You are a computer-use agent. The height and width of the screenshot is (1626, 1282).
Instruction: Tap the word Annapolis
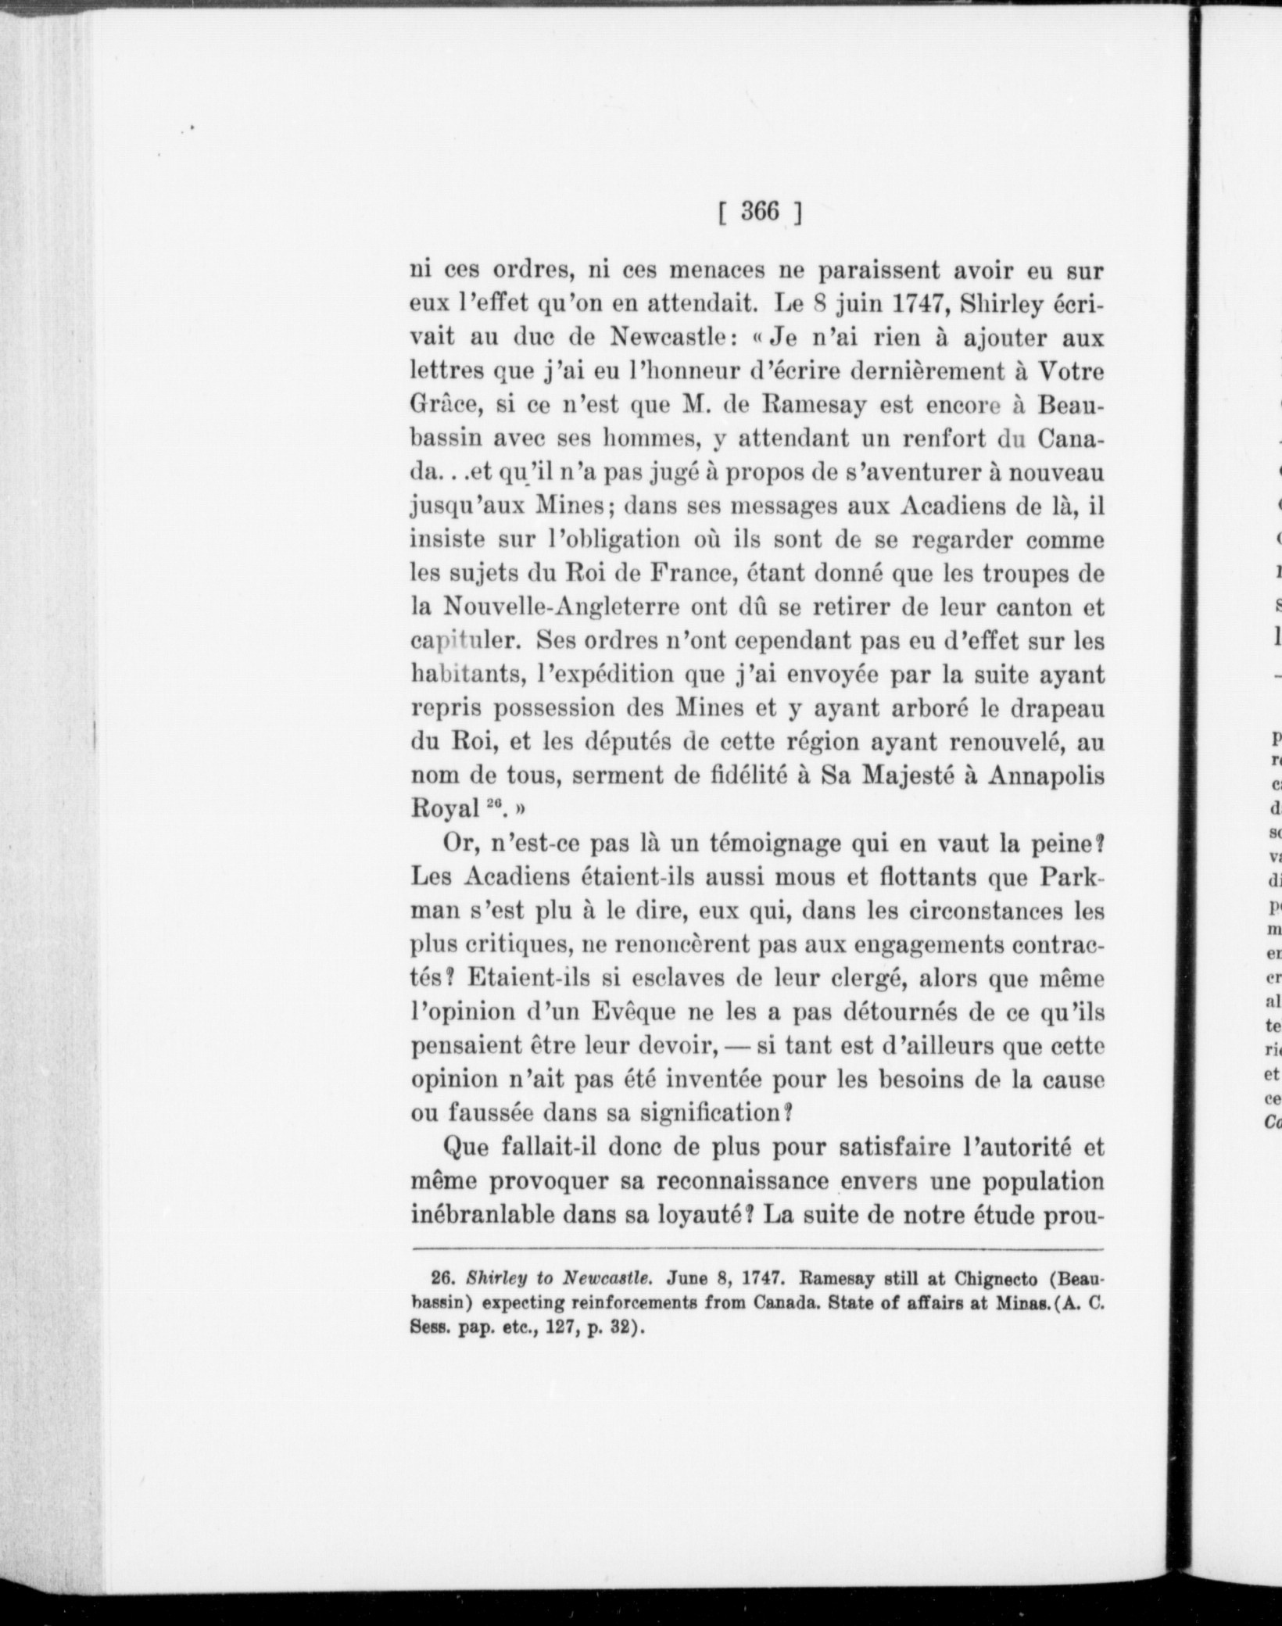[1046, 775]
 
